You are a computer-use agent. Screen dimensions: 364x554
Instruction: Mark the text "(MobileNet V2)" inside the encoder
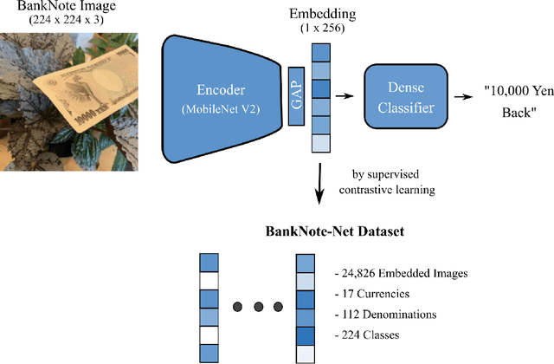(214, 112)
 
